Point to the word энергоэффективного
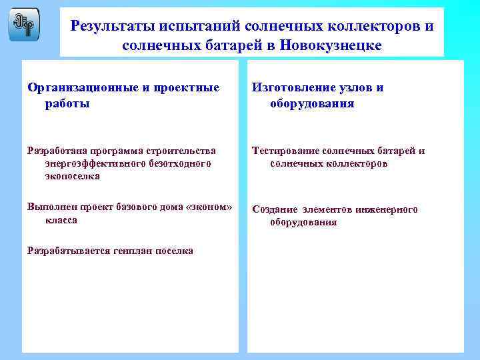[91, 163]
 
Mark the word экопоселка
[72, 176]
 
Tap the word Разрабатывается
[66, 251]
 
